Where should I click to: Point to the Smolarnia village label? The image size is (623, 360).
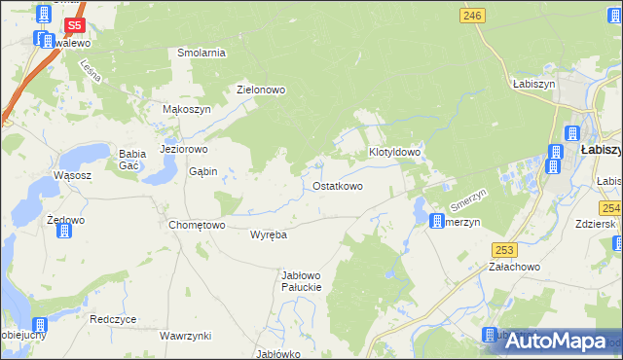pos(202,53)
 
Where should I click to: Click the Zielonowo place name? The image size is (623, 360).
pos(261,90)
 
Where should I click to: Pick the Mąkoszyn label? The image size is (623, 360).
pos(186,110)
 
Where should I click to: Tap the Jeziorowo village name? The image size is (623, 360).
pos(184,150)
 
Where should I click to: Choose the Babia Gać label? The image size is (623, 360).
pos(130,160)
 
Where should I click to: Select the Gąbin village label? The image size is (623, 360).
pos(202,171)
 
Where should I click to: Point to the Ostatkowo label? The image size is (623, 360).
pos(338,186)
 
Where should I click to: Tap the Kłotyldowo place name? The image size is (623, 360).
pos(394,153)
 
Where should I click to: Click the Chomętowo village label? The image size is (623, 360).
pos(198,225)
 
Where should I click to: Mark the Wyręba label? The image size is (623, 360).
pos(268,235)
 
